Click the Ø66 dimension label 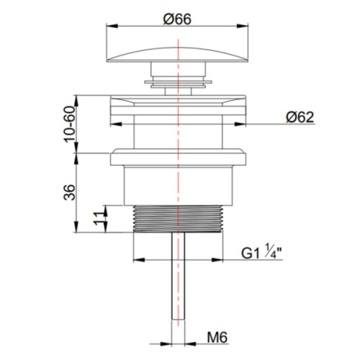point(177,19)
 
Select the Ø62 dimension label point(300,117)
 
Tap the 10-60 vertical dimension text point(70,124)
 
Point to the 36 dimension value point(69,192)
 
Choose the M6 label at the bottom point(217,338)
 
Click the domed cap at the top point(177,55)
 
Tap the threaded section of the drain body point(178,219)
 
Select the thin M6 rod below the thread point(178,276)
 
